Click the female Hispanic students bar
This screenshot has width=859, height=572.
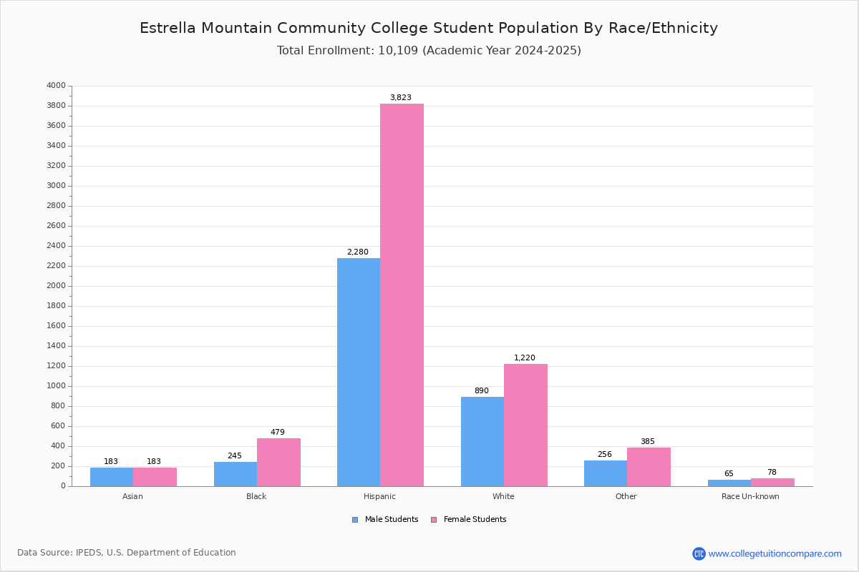[x=402, y=295]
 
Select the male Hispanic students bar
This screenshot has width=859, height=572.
[x=359, y=373]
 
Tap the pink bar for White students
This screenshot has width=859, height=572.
[x=525, y=425]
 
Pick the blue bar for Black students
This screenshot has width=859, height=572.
[x=236, y=474]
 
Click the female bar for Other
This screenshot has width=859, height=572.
[x=649, y=467]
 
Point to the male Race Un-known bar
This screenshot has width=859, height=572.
[x=729, y=483]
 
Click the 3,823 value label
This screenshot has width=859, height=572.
[x=401, y=97]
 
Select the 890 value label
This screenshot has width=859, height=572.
[x=482, y=390]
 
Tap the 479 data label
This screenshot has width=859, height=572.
[x=278, y=432]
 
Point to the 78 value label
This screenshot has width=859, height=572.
[x=772, y=472]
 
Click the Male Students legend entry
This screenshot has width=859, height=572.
[x=385, y=519]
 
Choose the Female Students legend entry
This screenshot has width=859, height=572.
[x=469, y=519]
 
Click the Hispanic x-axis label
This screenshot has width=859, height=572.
[x=379, y=496]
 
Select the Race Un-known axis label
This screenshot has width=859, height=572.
[x=750, y=496]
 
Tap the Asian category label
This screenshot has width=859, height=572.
[x=132, y=496]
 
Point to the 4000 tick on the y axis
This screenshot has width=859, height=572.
[x=57, y=85]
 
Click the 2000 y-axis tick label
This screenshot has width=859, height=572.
[x=57, y=286]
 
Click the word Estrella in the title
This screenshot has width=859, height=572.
[x=168, y=28]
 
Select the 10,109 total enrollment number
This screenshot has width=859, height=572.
[x=398, y=51]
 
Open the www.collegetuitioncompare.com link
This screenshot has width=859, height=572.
[x=775, y=553]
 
